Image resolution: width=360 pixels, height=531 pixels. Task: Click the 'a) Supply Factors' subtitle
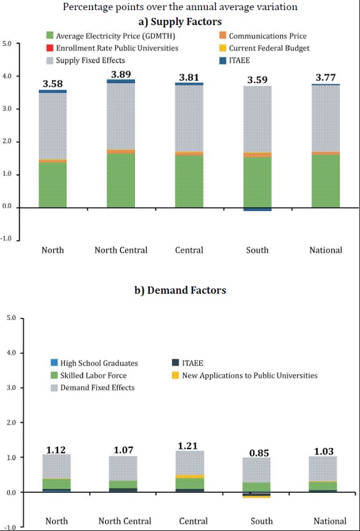(180, 22)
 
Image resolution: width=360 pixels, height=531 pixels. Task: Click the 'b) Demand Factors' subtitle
(180, 290)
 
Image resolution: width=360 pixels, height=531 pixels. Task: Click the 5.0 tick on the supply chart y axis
(7, 44)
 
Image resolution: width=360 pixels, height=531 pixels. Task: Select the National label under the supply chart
(326, 250)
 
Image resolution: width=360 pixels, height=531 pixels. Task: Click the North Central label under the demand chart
(125, 521)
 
